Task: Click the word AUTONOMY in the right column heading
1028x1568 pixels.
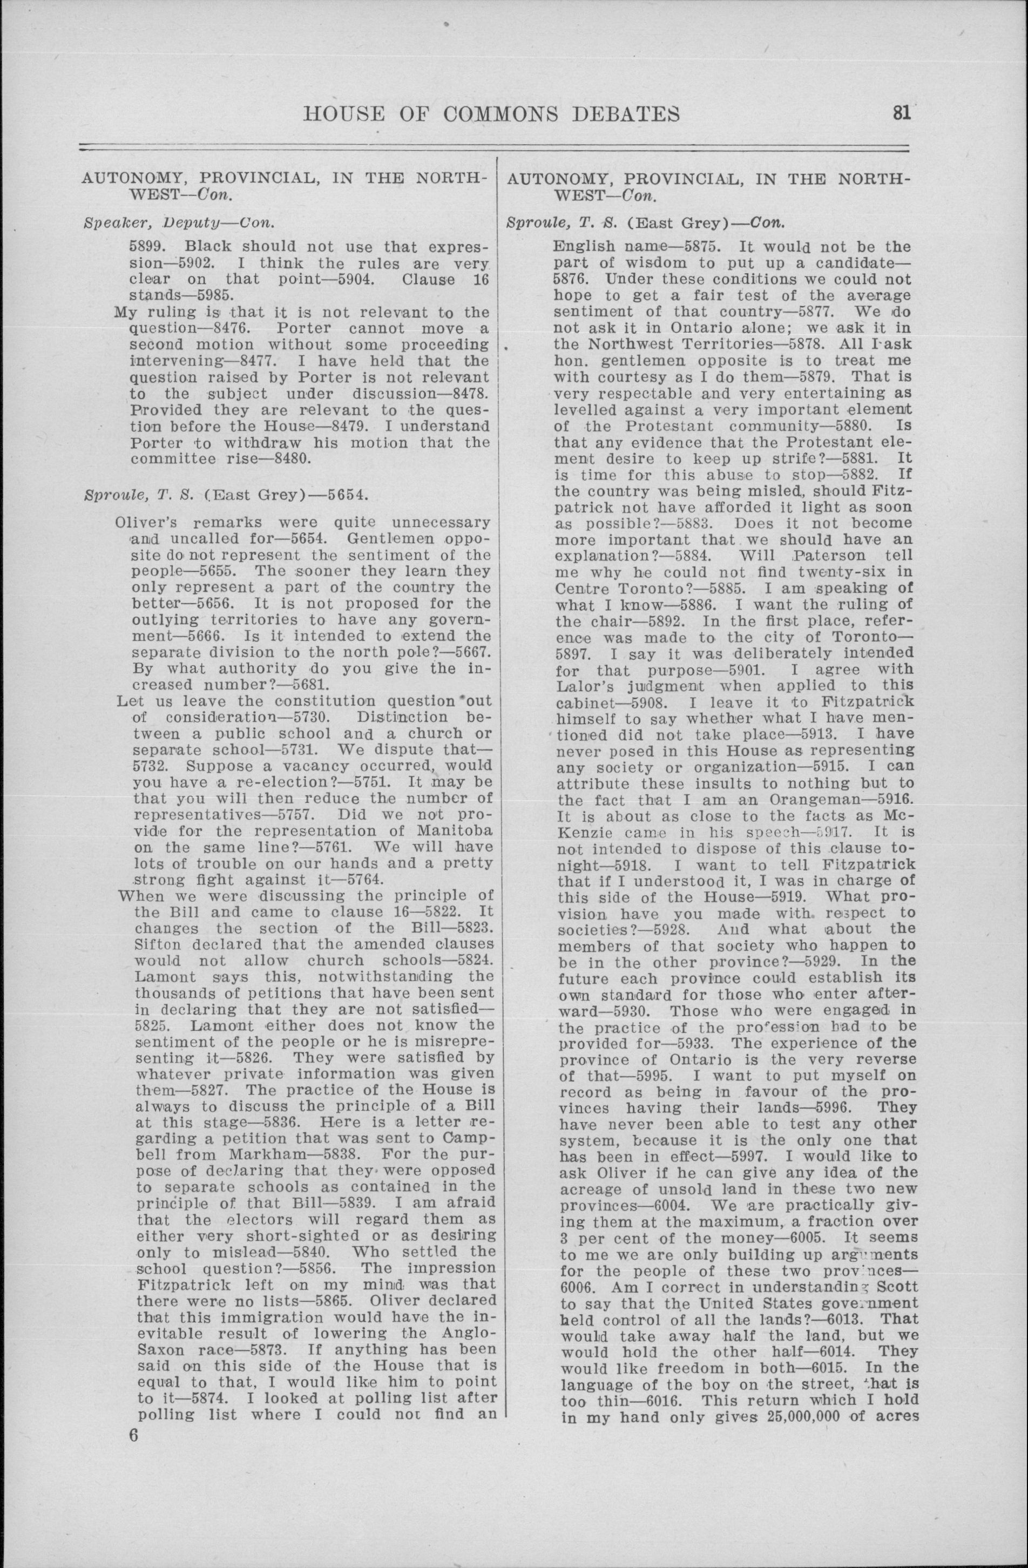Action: click(560, 179)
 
